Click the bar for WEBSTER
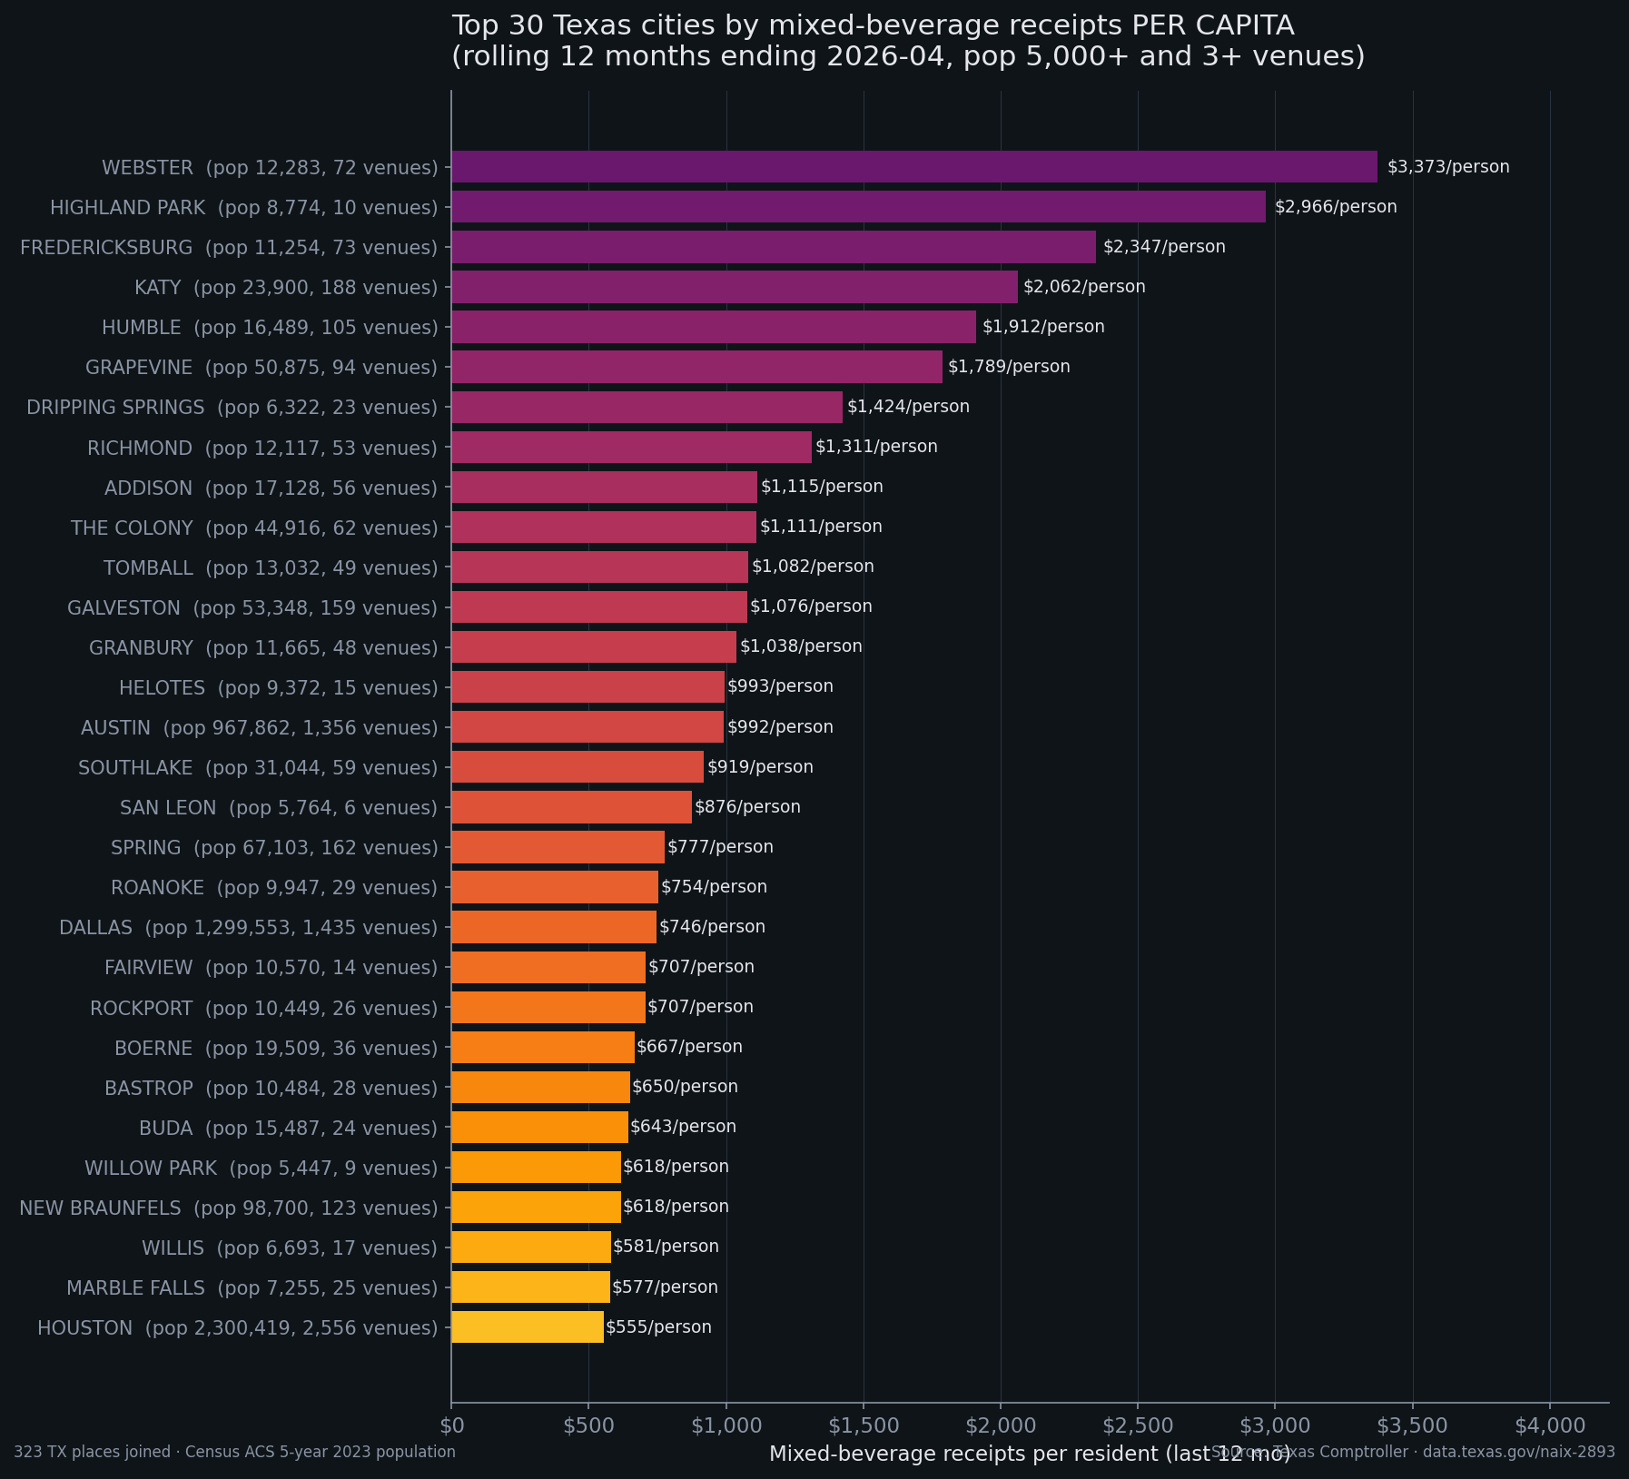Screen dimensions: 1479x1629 click(913, 167)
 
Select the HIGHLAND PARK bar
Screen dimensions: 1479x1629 click(858, 207)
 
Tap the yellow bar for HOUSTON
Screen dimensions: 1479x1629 click(528, 1326)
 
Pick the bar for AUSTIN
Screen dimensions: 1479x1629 click(587, 727)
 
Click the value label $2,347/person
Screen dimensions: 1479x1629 click(1164, 247)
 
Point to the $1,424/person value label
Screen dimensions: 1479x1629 click(908, 407)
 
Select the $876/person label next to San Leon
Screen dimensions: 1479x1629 click(747, 807)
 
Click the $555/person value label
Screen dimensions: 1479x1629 click(658, 1327)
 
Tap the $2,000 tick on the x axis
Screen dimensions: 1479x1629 click(1000, 1425)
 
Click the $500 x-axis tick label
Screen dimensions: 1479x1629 click(588, 1425)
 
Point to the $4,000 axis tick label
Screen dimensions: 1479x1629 click(1549, 1425)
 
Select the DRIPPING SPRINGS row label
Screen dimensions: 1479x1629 click(232, 408)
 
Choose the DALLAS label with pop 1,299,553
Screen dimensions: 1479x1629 click(248, 928)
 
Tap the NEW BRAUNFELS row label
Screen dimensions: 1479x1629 click(228, 1208)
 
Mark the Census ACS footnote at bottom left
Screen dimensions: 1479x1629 click(234, 1452)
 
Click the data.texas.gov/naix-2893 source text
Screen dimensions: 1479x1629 click(1518, 1452)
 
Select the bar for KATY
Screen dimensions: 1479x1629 click(734, 287)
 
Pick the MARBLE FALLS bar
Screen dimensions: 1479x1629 click(530, 1287)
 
